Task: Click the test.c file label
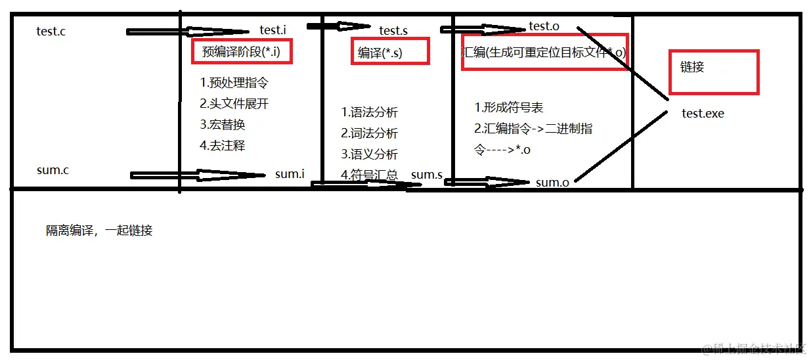click(x=51, y=32)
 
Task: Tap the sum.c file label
click(x=53, y=171)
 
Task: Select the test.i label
click(x=273, y=30)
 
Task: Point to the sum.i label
click(x=290, y=174)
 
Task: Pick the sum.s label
click(x=426, y=175)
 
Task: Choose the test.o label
click(x=544, y=26)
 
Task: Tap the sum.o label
click(x=552, y=183)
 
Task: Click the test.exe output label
click(x=703, y=114)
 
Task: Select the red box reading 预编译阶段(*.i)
click(x=242, y=52)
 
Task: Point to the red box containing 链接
click(x=713, y=72)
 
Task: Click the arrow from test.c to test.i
click(x=187, y=32)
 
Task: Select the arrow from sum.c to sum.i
click(x=197, y=175)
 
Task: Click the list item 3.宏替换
click(x=223, y=125)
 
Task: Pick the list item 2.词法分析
click(x=369, y=133)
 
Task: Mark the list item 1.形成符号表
click(x=508, y=108)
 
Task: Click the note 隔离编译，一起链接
click(x=99, y=231)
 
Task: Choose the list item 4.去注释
click(x=223, y=146)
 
